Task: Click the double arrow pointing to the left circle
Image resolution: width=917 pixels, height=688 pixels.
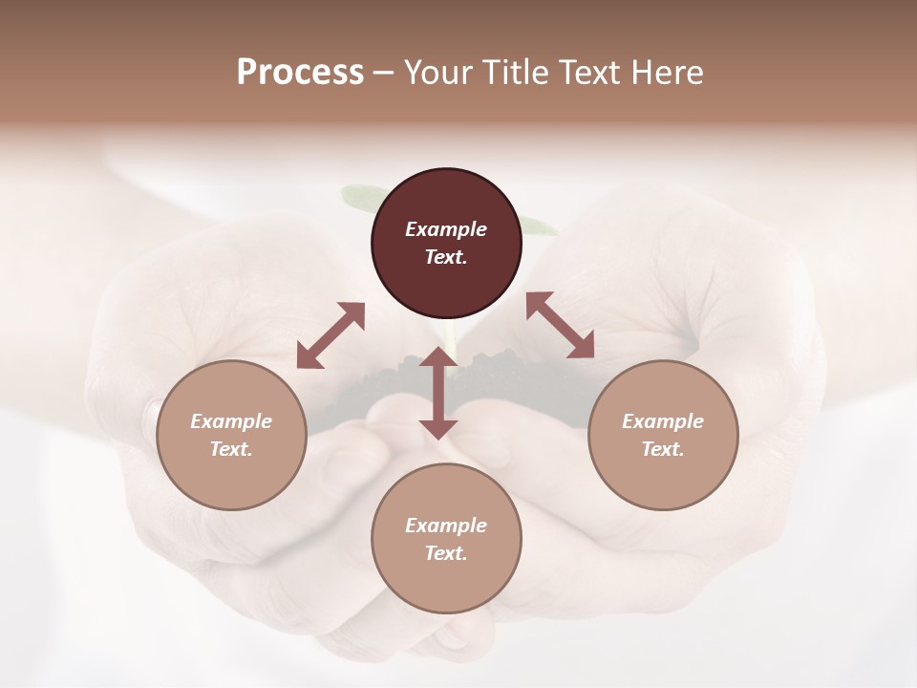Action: (x=331, y=335)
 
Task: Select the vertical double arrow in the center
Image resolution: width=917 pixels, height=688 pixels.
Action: (x=438, y=393)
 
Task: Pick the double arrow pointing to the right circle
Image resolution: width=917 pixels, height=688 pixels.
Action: (x=560, y=325)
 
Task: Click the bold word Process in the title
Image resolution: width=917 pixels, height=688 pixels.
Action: (x=300, y=72)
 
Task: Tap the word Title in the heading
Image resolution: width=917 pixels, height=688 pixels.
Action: (x=515, y=72)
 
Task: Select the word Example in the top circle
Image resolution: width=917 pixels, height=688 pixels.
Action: (x=446, y=229)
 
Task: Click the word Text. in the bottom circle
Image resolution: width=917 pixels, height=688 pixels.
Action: (x=446, y=553)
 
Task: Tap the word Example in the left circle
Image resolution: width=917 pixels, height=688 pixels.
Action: (x=231, y=421)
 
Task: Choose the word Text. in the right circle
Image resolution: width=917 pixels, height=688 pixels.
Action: (x=663, y=449)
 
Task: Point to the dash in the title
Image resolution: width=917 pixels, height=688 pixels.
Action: (x=383, y=73)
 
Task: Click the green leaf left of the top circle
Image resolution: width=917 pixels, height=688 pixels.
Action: (x=358, y=196)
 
